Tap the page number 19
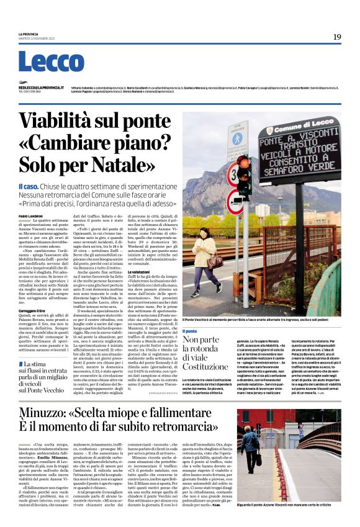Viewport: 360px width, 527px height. [x=337, y=37]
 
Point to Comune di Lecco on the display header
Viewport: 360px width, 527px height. [x=302, y=128]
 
